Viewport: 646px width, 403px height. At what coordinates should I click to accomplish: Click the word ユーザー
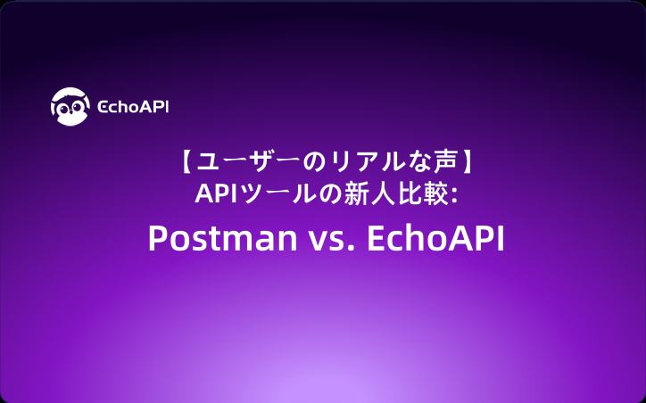coord(244,162)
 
